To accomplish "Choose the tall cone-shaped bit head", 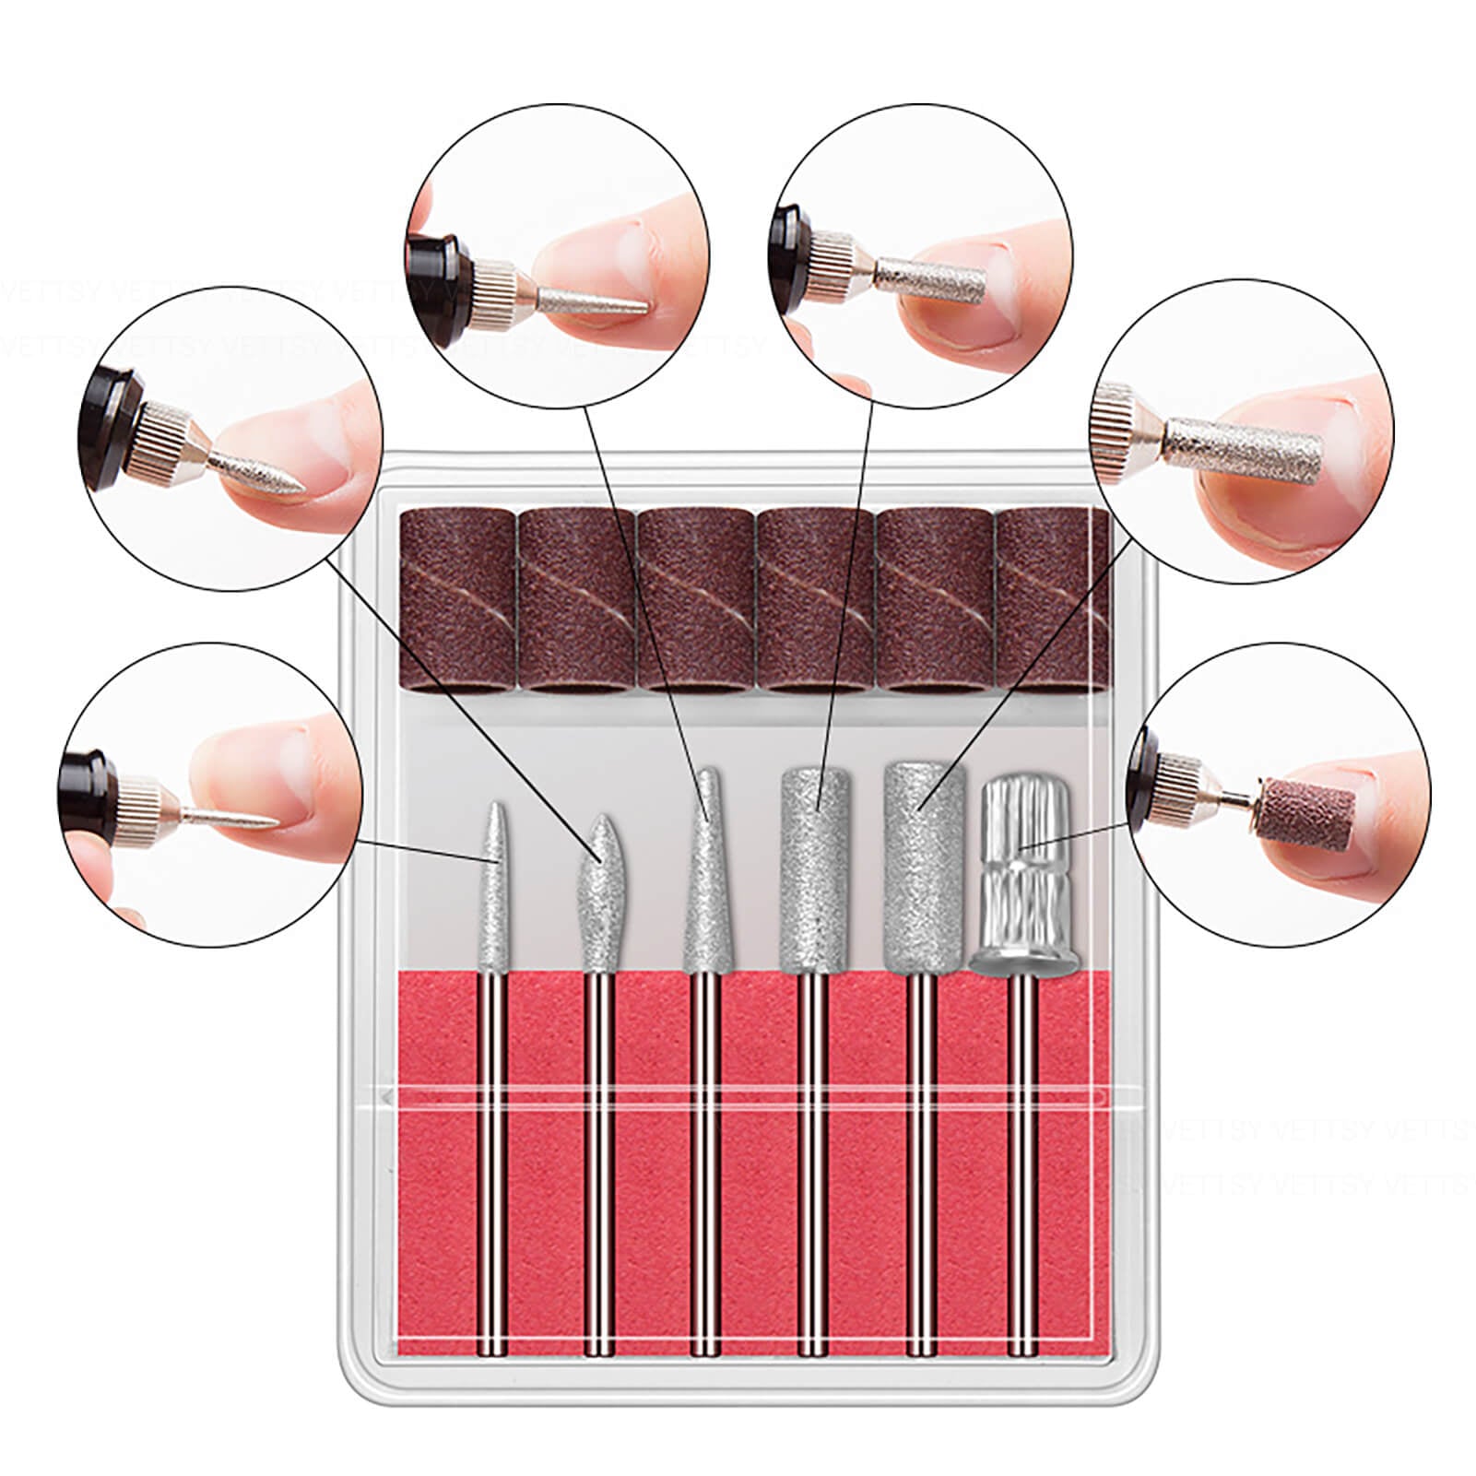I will coord(705,876).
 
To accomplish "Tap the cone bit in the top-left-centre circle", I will coord(590,300).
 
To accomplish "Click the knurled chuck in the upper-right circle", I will coord(1118,424).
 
